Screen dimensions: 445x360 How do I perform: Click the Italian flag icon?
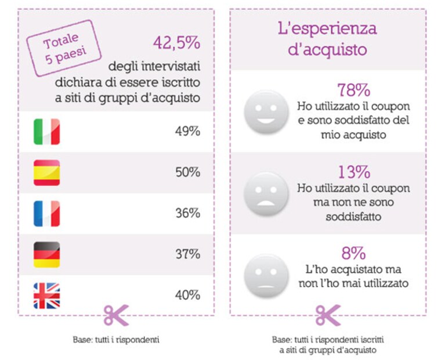tap(47, 132)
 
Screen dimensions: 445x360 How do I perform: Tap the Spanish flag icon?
tap(47, 173)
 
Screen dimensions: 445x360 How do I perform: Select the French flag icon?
tap(47, 214)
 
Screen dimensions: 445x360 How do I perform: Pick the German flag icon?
tap(47, 254)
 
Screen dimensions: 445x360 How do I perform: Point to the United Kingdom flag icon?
tap(47, 296)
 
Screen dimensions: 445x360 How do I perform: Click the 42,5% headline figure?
tap(176, 43)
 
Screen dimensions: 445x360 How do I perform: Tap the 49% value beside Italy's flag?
tap(187, 131)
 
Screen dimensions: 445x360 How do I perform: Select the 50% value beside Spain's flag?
tap(187, 172)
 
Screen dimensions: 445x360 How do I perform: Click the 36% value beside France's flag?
tap(187, 213)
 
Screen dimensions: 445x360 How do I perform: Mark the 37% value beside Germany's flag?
tap(187, 254)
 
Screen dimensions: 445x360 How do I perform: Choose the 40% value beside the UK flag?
tap(187, 295)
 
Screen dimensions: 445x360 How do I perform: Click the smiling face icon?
tap(266, 112)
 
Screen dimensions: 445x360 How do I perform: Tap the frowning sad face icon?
tap(266, 194)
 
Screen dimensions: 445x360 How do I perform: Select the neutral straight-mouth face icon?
tap(266, 276)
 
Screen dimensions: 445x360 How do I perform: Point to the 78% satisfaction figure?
tap(353, 90)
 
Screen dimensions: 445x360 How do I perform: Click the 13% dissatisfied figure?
tap(354, 172)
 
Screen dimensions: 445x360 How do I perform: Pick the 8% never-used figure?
tap(353, 253)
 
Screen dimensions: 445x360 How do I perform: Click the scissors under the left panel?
tap(116, 315)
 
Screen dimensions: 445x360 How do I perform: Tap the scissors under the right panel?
tap(328, 315)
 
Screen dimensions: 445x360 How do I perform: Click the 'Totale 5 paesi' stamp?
tap(64, 48)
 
